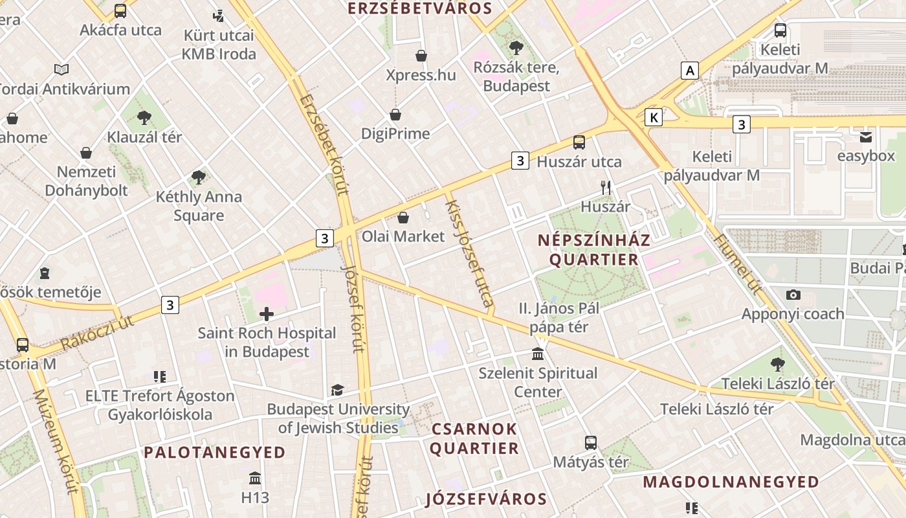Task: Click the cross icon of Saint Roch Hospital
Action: point(266,315)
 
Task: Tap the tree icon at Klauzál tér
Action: point(144,118)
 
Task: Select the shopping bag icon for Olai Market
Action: point(403,218)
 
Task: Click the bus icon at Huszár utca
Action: point(579,142)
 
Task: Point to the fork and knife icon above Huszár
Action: point(606,188)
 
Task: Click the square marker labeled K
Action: point(654,117)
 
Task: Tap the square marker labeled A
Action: point(691,70)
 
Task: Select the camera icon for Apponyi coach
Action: point(793,295)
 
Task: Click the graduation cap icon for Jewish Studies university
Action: point(337,390)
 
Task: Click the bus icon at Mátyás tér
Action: point(590,443)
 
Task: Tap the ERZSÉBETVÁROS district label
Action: point(420,8)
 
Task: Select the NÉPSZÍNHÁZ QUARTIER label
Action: point(593,250)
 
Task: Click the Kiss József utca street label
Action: point(470,253)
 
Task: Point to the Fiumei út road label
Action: point(738,264)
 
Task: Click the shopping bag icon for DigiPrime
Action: point(395,115)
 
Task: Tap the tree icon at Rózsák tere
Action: point(516,47)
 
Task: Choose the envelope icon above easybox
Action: point(865,137)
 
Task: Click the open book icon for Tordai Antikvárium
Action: point(61,69)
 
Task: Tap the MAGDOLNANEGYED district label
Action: point(731,482)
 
